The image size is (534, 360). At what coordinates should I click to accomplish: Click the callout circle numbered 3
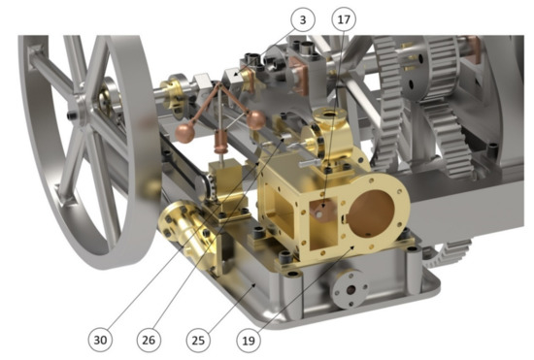302,19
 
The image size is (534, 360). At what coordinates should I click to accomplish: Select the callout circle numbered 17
344,19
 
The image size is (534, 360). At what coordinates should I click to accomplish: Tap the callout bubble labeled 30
100,340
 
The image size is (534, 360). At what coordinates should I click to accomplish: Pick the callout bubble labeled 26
149,340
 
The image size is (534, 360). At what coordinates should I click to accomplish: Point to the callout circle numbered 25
198,340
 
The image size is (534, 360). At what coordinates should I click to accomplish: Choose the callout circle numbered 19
249,340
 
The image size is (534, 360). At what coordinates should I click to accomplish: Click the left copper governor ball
184,133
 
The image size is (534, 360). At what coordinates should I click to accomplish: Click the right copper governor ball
255,119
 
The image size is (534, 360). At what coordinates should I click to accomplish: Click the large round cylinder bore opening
372,213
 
